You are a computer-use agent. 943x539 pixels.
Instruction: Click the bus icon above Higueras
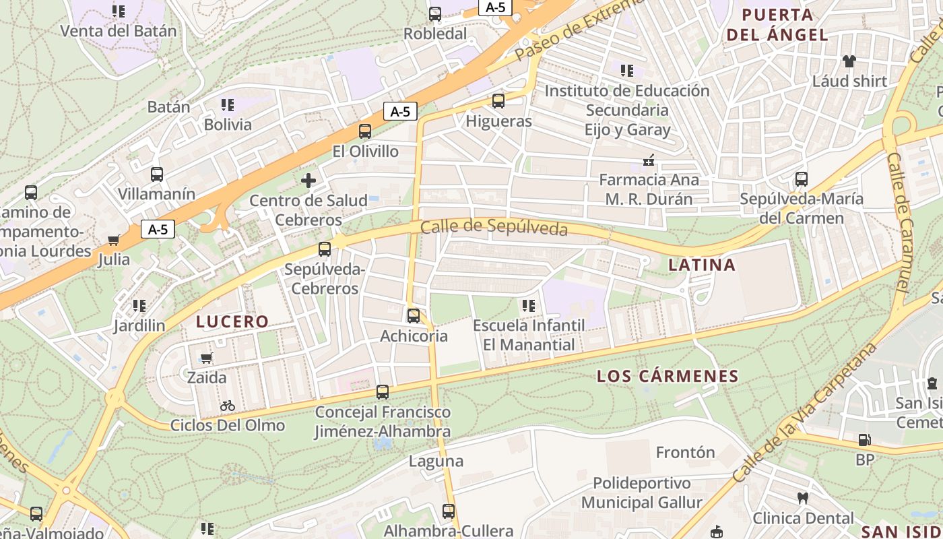click(x=498, y=101)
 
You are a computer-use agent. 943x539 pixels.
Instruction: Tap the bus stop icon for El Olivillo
click(x=365, y=131)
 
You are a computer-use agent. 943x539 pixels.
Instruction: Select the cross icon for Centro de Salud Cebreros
click(x=308, y=181)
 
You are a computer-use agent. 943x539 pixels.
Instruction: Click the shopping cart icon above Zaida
click(x=207, y=358)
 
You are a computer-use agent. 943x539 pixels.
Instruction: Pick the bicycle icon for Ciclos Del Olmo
click(x=228, y=406)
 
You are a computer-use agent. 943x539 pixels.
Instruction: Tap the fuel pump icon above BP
click(x=864, y=441)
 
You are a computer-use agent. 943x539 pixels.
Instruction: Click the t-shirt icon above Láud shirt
click(x=849, y=61)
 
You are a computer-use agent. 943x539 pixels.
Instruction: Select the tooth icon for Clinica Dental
click(x=802, y=499)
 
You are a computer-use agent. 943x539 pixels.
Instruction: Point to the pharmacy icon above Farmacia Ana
click(x=649, y=160)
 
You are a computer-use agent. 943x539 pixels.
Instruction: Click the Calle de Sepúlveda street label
click(x=494, y=228)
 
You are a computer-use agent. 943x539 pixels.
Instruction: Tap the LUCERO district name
click(x=232, y=322)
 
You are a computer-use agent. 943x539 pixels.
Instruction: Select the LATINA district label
click(x=702, y=265)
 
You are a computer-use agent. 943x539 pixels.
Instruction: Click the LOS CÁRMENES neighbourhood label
click(x=668, y=376)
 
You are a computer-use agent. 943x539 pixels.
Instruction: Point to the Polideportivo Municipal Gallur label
click(x=642, y=493)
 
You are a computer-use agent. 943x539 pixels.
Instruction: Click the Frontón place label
click(x=685, y=452)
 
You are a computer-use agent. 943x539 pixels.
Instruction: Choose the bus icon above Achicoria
click(x=414, y=315)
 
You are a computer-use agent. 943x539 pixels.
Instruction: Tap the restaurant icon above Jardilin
click(x=139, y=306)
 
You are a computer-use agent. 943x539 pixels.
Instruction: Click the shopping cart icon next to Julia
click(x=114, y=241)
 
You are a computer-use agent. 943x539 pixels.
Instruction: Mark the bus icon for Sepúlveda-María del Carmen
click(x=802, y=179)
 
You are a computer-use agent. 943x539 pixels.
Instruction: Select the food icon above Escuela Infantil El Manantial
click(x=529, y=306)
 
